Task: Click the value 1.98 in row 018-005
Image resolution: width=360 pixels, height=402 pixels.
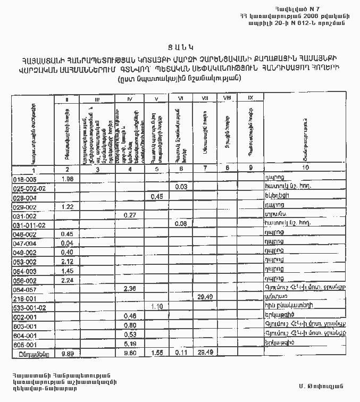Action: [x=67, y=179]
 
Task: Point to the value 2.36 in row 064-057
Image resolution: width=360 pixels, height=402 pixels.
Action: [x=129, y=288]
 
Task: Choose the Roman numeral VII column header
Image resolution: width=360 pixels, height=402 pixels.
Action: [x=204, y=98]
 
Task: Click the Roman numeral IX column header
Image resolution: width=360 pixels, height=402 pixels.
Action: [x=250, y=98]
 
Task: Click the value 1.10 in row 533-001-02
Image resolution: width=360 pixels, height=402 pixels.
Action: [x=156, y=306]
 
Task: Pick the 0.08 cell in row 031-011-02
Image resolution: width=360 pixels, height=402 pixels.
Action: [x=181, y=224]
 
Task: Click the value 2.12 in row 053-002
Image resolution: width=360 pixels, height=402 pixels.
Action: [x=67, y=261]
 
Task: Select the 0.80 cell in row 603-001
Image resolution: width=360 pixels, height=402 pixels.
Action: [x=129, y=325]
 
